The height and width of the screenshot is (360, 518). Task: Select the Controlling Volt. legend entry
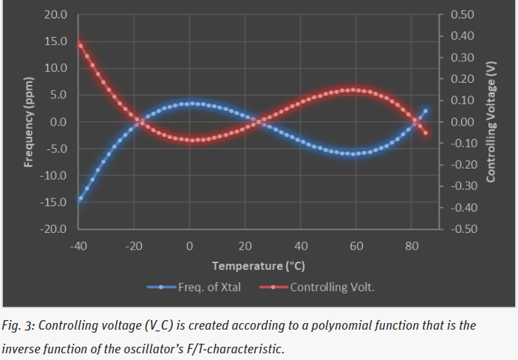332,287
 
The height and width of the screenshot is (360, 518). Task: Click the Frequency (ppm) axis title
29,122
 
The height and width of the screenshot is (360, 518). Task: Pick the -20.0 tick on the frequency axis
53,229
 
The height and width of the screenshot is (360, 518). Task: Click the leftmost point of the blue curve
79,199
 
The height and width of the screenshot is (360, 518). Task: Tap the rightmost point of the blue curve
426,111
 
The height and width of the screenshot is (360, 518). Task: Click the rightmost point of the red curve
426,133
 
